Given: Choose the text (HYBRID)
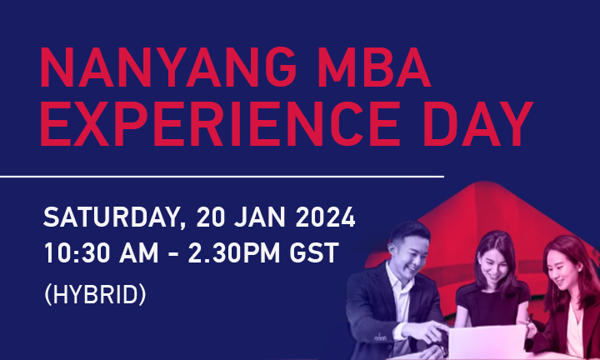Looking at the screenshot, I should [94, 294].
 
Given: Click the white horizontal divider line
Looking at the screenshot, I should [222, 176].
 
